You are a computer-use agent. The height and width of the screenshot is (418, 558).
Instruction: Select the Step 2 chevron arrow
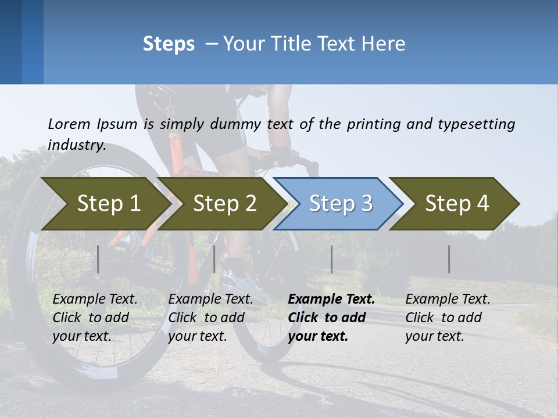click(224, 204)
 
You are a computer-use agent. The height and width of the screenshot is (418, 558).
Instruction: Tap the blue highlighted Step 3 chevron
click(340, 204)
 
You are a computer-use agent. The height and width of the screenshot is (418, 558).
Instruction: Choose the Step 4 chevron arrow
click(457, 204)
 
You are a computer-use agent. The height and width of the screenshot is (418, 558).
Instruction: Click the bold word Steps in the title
click(169, 44)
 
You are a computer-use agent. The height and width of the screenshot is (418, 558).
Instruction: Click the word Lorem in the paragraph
click(69, 124)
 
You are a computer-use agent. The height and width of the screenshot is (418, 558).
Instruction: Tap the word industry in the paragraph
click(76, 145)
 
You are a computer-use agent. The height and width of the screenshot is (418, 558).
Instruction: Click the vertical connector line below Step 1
click(98, 259)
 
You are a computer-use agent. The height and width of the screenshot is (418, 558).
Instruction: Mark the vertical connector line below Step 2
click(214, 259)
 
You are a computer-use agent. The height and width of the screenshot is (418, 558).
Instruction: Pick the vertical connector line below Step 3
click(331, 259)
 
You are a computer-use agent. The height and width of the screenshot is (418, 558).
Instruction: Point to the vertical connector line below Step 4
click(449, 259)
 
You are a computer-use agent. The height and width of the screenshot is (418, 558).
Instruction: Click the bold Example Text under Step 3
click(331, 300)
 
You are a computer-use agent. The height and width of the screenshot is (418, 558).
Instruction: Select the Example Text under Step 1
click(95, 300)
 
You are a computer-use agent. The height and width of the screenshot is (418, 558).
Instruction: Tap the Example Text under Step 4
click(448, 300)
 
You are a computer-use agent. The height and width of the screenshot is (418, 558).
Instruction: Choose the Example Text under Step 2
click(210, 300)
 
